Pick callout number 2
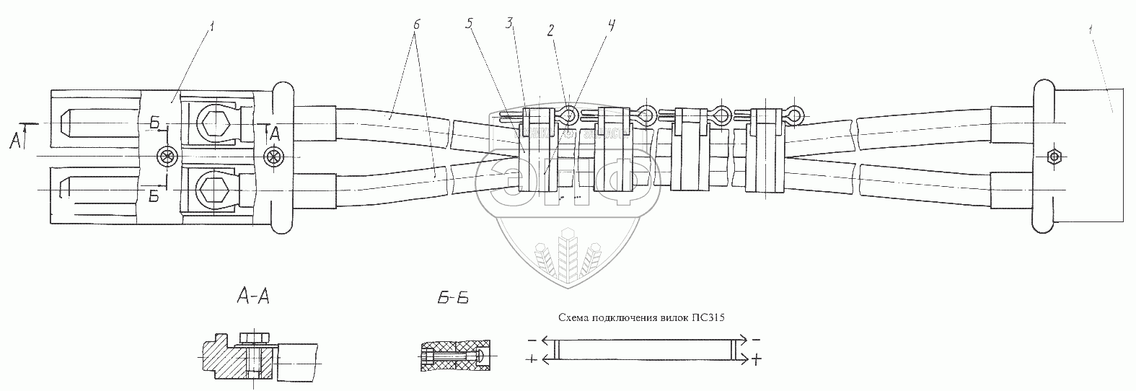[x=550, y=30]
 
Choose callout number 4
[x=612, y=27]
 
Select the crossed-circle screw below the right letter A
[x=273, y=155]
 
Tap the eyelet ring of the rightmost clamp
[x=795, y=115]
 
